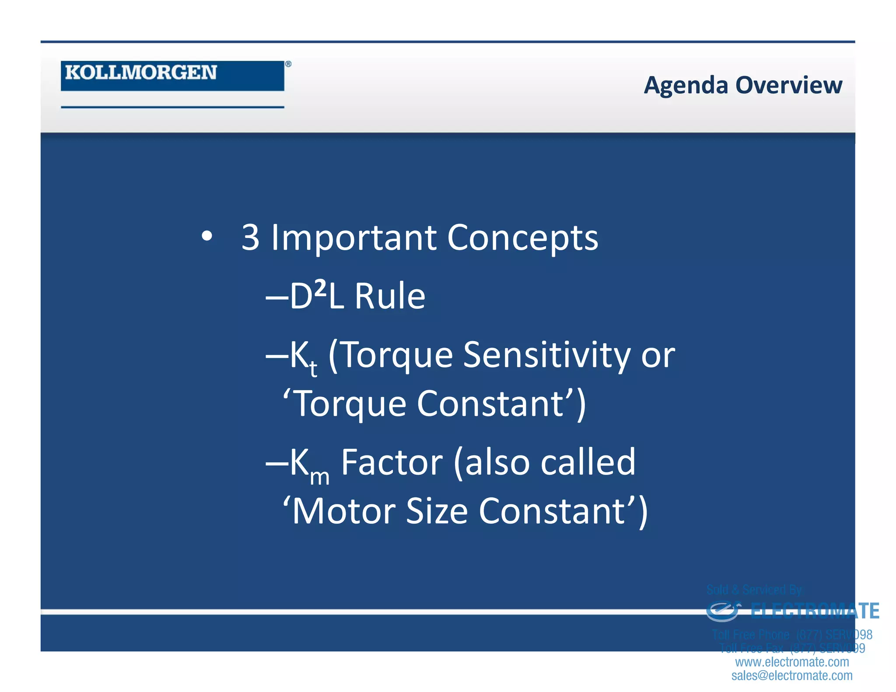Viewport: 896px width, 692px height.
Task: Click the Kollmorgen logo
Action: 172,75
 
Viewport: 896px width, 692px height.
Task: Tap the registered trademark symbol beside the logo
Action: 288,64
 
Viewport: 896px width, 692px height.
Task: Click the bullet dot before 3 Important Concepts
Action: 206,236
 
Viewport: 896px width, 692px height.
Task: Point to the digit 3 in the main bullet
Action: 250,238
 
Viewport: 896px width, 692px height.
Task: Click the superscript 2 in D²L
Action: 321,288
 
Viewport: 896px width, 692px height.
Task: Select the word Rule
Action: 390,297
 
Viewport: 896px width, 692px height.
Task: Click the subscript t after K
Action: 313,368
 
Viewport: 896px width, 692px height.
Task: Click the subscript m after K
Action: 319,476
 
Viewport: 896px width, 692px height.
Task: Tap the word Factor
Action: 392,462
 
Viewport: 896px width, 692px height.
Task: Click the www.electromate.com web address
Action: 792,662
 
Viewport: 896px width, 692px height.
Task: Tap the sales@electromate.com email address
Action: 792,675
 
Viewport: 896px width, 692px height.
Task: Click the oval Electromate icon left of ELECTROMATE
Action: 723,611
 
